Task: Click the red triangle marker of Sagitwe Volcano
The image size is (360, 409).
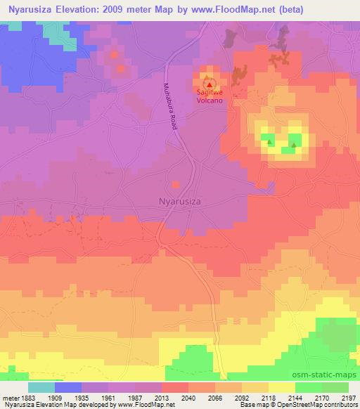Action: tap(209, 84)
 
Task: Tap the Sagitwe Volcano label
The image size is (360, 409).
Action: tap(209, 96)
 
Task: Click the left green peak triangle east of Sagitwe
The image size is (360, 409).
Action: tap(269, 143)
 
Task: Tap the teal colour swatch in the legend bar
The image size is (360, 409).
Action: tap(41, 387)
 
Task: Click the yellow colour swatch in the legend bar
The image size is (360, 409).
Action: tap(282, 387)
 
